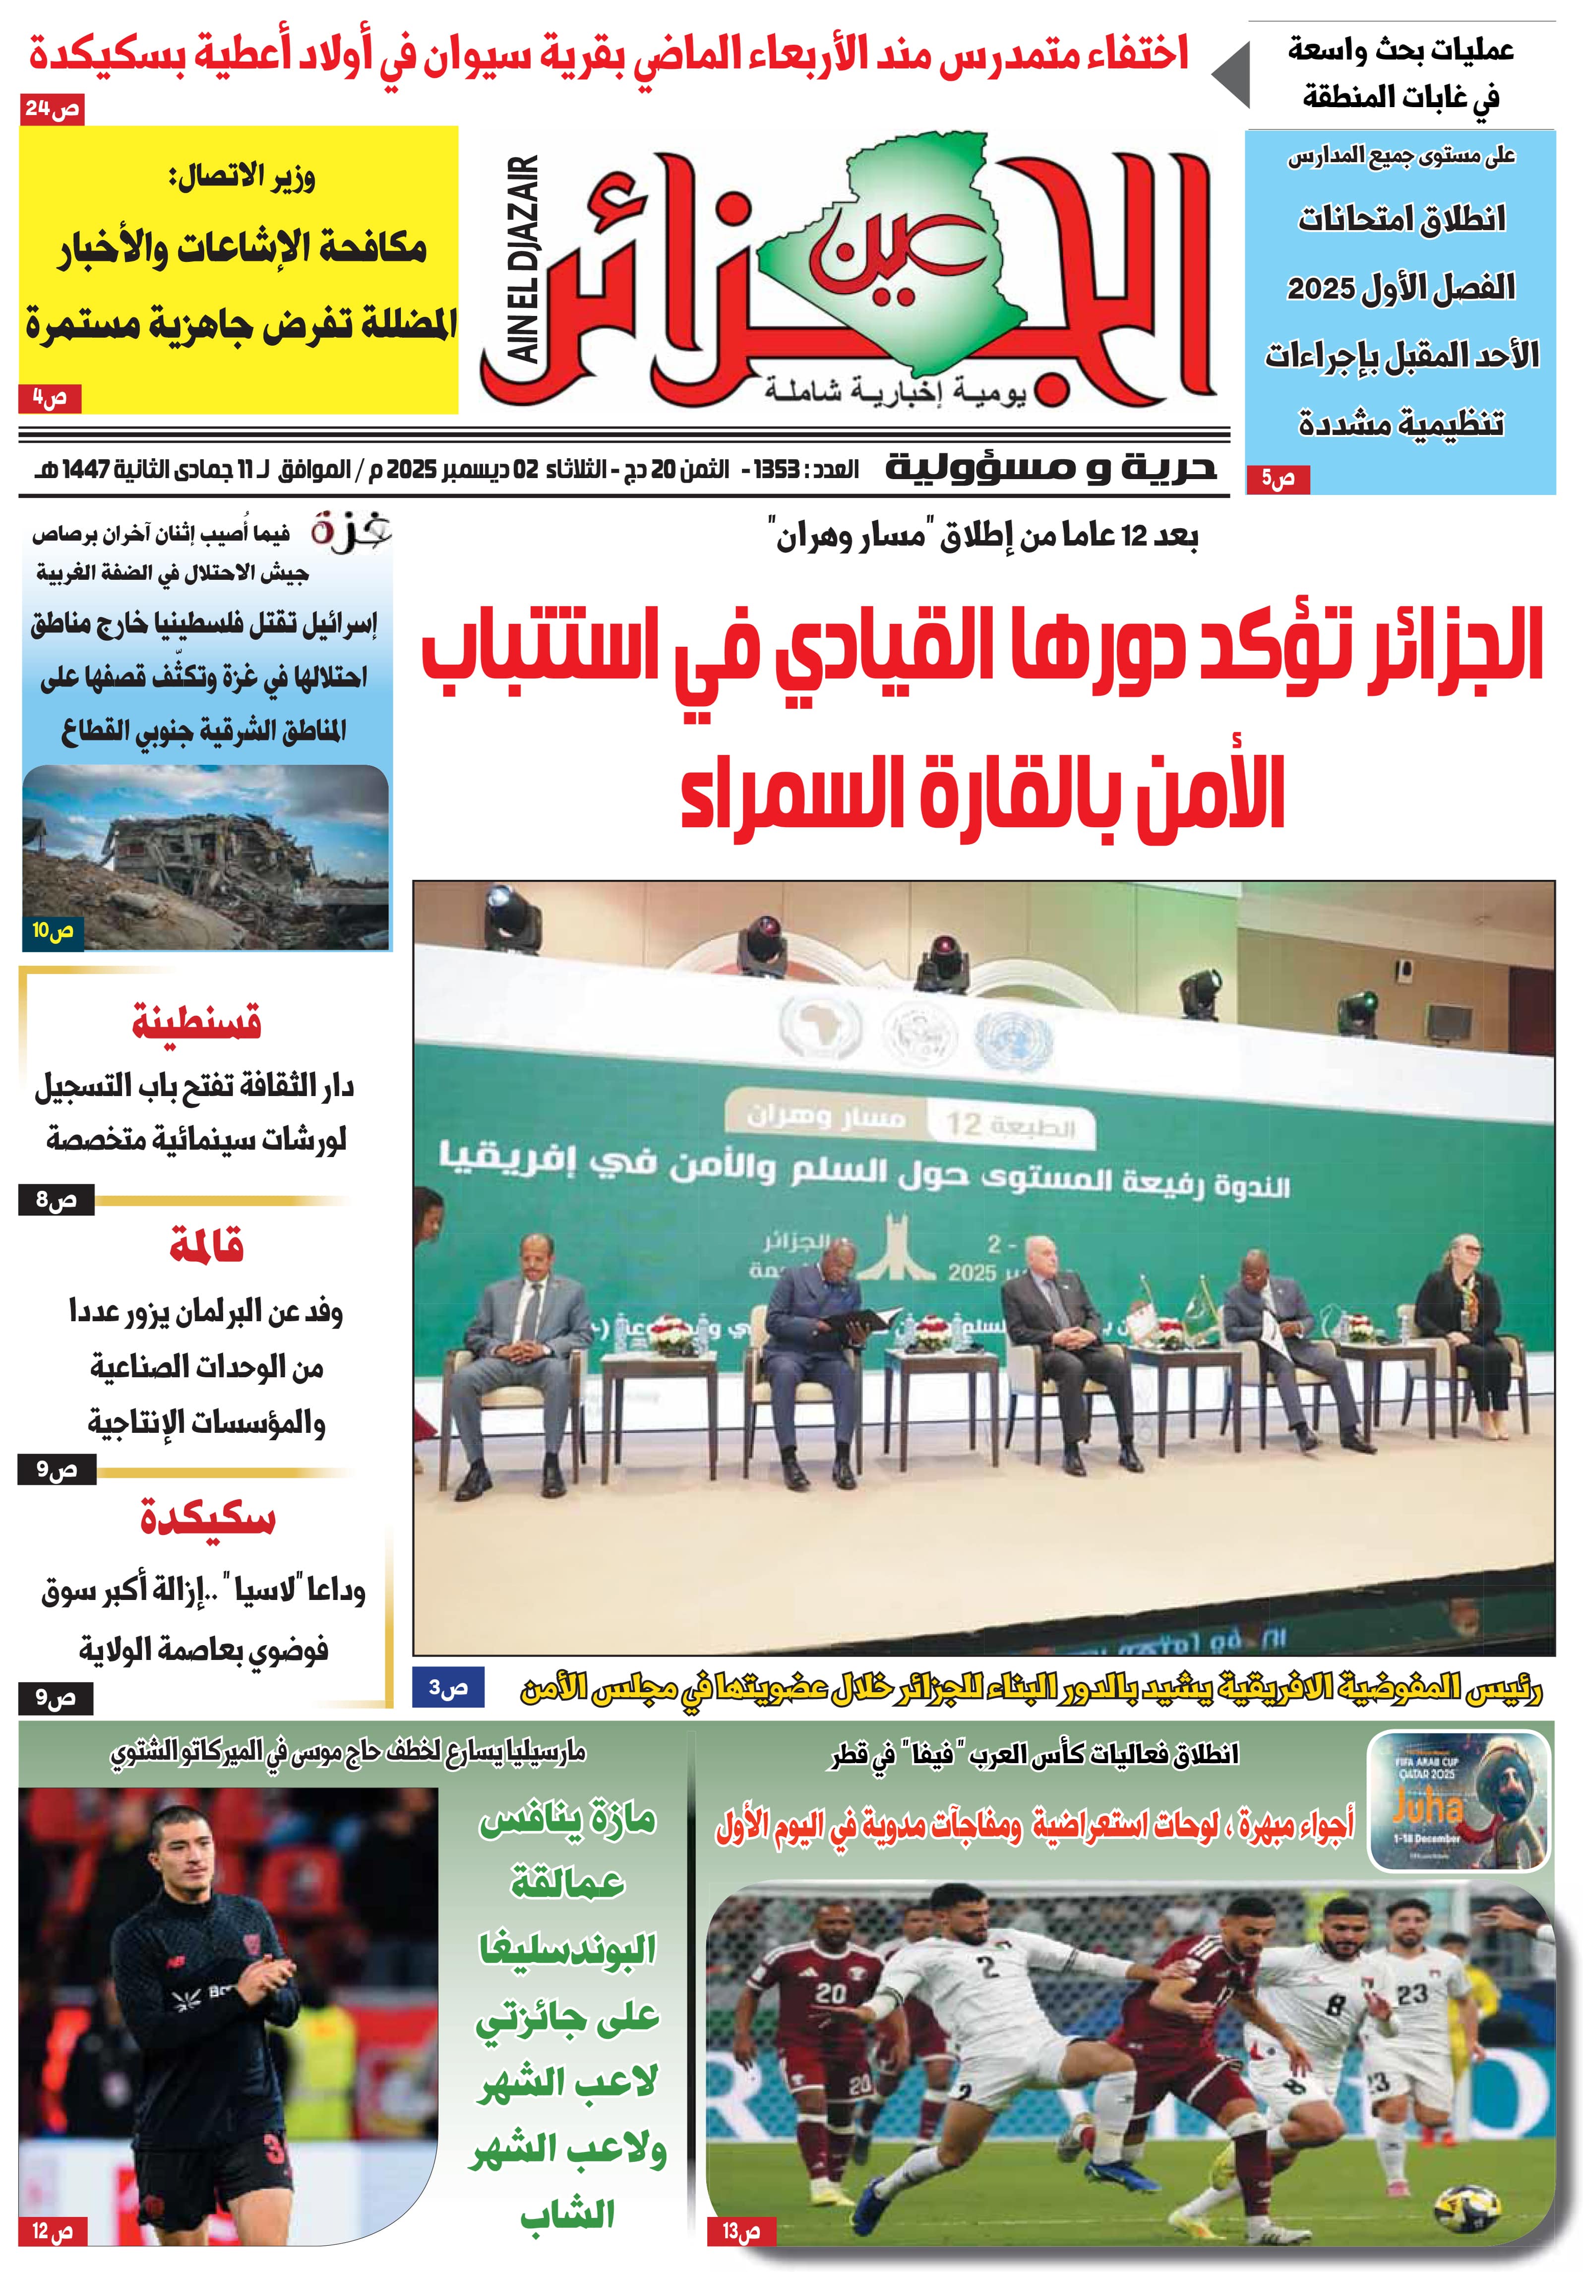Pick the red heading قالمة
click(x=206, y=1245)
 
